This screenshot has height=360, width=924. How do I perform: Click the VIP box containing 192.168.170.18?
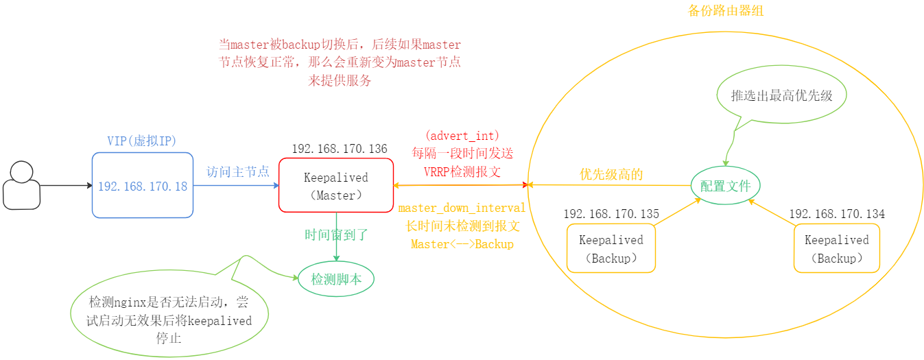[143, 185]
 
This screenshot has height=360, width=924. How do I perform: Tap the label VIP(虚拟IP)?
[142, 141]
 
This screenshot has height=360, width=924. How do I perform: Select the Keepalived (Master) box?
[336, 185]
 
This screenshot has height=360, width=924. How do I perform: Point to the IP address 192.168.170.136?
[340, 149]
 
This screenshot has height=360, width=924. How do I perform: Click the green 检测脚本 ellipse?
[336, 279]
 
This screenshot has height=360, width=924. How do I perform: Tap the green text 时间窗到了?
[336, 235]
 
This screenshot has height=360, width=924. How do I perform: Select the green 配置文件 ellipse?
[725, 186]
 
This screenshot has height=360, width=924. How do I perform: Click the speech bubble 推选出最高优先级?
[781, 96]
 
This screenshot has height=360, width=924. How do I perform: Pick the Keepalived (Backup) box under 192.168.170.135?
[611, 249]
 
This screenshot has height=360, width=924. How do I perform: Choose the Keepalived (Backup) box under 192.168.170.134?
[837, 249]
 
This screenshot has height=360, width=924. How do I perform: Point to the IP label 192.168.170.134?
[837, 214]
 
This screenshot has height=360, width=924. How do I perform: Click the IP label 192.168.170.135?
[611, 214]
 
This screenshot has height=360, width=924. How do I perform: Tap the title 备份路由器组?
[725, 11]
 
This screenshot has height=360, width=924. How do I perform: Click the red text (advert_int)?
[462, 134]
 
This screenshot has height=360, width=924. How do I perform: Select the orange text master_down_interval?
[462, 208]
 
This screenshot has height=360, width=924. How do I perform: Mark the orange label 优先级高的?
[611, 174]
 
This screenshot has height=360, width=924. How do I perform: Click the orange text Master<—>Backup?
[462, 244]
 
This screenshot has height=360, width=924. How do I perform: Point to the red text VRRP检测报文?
[462, 171]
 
